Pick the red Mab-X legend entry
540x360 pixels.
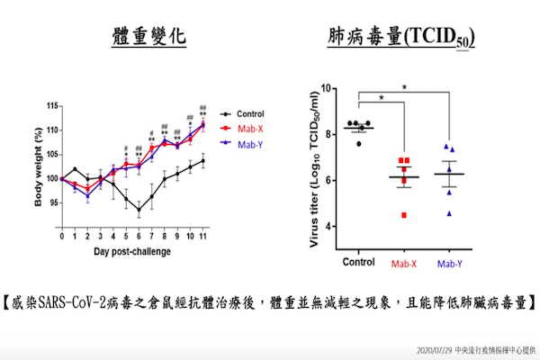pyautogui.click(x=246, y=129)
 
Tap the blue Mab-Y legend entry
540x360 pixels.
pyautogui.click(x=246, y=142)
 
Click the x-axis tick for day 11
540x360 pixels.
pyautogui.click(x=203, y=236)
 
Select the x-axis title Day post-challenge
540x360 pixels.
pyautogui.click(x=132, y=250)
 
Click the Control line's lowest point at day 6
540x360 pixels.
pyautogui.click(x=139, y=211)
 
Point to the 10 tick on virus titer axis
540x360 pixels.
pyautogui.click(x=326, y=88)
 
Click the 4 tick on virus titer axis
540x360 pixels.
pyautogui.click(x=328, y=225)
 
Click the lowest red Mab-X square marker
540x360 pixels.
pyautogui.click(x=404, y=215)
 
